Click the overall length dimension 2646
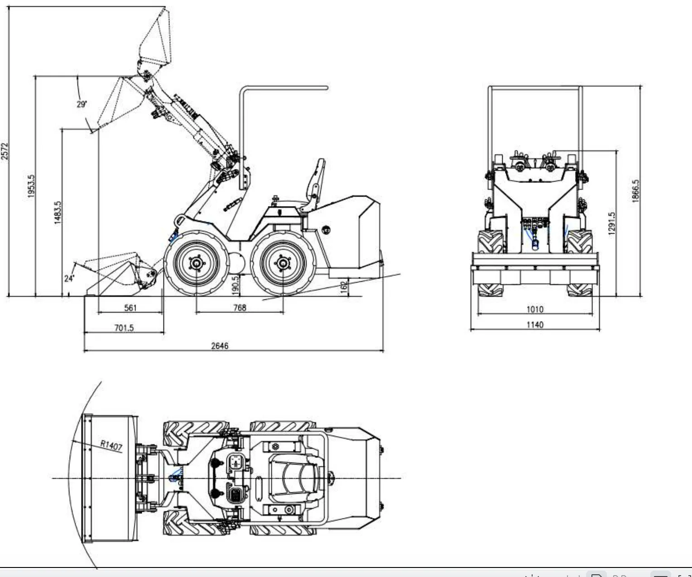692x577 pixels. tap(220, 346)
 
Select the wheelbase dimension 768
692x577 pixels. tap(240, 308)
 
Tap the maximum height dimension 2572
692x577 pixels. tap(5, 152)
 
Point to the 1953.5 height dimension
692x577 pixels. tap(31, 186)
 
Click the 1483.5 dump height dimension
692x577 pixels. tap(58, 212)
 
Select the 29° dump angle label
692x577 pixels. tap(82, 104)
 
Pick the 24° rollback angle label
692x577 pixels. tap(69, 278)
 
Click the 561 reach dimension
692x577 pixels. tap(130, 308)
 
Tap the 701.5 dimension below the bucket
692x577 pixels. tap(124, 327)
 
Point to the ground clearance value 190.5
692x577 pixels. tap(235, 285)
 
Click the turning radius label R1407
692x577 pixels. tap(111, 446)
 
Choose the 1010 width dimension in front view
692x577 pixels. tap(535, 309)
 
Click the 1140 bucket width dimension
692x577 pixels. tap(535, 324)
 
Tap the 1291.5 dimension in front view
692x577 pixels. tap(611, 223)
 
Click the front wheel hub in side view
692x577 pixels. tap(197, 263)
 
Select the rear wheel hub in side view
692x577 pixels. tap(283, 263)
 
